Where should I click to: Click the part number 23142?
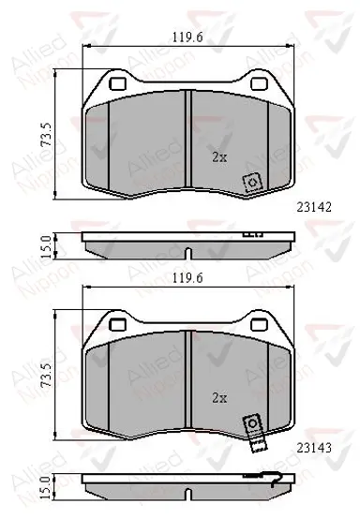314,207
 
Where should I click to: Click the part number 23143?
314,448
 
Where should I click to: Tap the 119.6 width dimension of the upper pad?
187,37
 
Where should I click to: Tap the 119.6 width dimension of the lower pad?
187,278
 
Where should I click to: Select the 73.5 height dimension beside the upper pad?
46,134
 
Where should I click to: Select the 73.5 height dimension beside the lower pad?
46,375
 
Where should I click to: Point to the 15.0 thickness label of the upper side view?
46,246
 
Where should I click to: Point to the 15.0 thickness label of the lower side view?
46,488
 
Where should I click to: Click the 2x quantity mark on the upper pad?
219,157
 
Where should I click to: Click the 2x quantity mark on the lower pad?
219,398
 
